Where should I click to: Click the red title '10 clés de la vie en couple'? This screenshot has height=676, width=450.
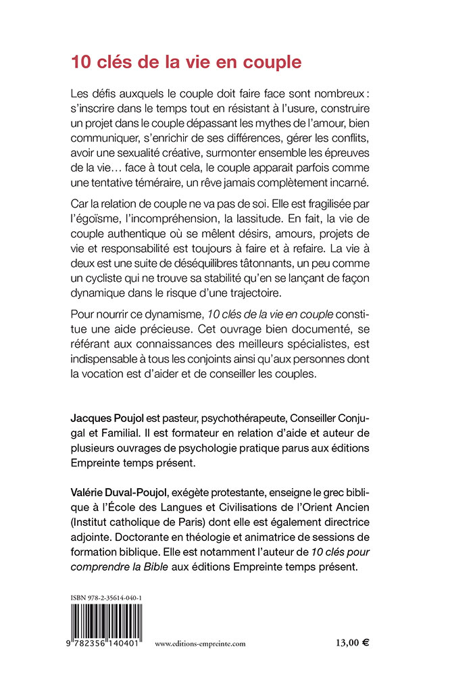pyautogui.click(x=185, y=63)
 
